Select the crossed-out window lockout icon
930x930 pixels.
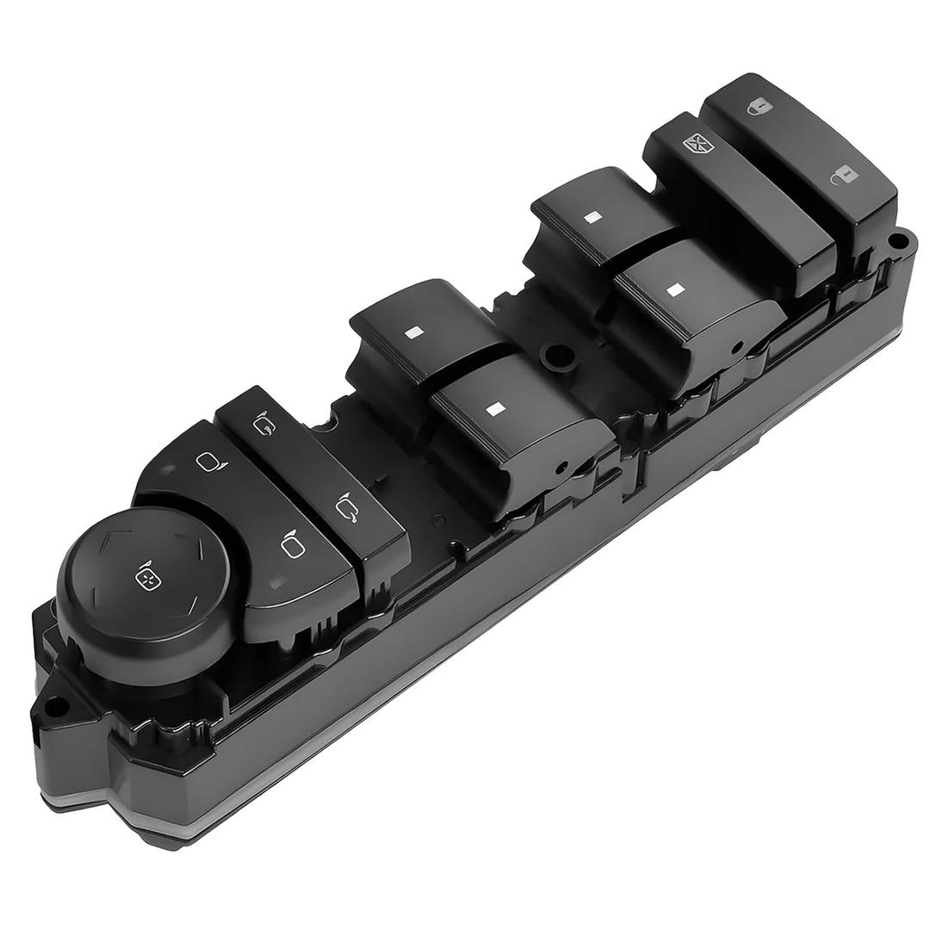coord(695,144)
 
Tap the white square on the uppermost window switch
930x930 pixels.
coord(591,217)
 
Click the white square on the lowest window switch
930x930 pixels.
coord(494,408)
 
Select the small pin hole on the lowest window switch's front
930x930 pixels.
coord(561,469)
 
